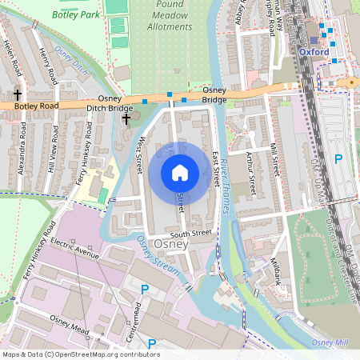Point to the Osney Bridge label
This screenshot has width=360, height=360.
click(x=214, y=94)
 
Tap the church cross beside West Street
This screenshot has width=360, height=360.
click(x=126, y=119)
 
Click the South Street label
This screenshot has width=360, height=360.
click(x=191, y=234)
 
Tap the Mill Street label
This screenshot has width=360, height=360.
click(x=274, y=161)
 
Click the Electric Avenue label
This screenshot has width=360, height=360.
click(x=73, y=247)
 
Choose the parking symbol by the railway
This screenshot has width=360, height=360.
click(x=338, y=159)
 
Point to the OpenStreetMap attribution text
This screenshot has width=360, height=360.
click(x=80, y=354)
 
